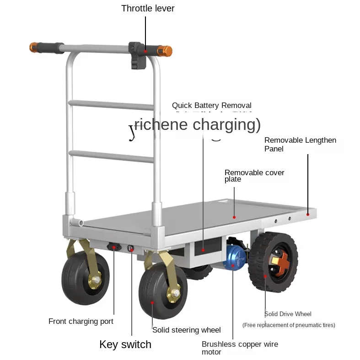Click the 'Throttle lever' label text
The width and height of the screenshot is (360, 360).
148,8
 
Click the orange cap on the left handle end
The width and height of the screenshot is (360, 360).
33,47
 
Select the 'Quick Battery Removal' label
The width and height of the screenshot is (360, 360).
211,106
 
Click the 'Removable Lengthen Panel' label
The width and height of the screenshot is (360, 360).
300,144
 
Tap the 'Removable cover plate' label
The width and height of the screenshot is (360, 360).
254,176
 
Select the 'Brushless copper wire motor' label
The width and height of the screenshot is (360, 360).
239,348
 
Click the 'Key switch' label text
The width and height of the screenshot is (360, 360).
125,344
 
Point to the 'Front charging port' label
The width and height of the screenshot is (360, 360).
81,322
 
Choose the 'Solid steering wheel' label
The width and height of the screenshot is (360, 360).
186,330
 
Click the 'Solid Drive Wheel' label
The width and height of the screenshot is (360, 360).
288,314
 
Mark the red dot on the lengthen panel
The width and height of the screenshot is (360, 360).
308,214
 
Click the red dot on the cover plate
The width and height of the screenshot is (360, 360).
234,217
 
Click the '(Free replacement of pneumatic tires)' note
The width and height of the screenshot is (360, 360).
288,325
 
